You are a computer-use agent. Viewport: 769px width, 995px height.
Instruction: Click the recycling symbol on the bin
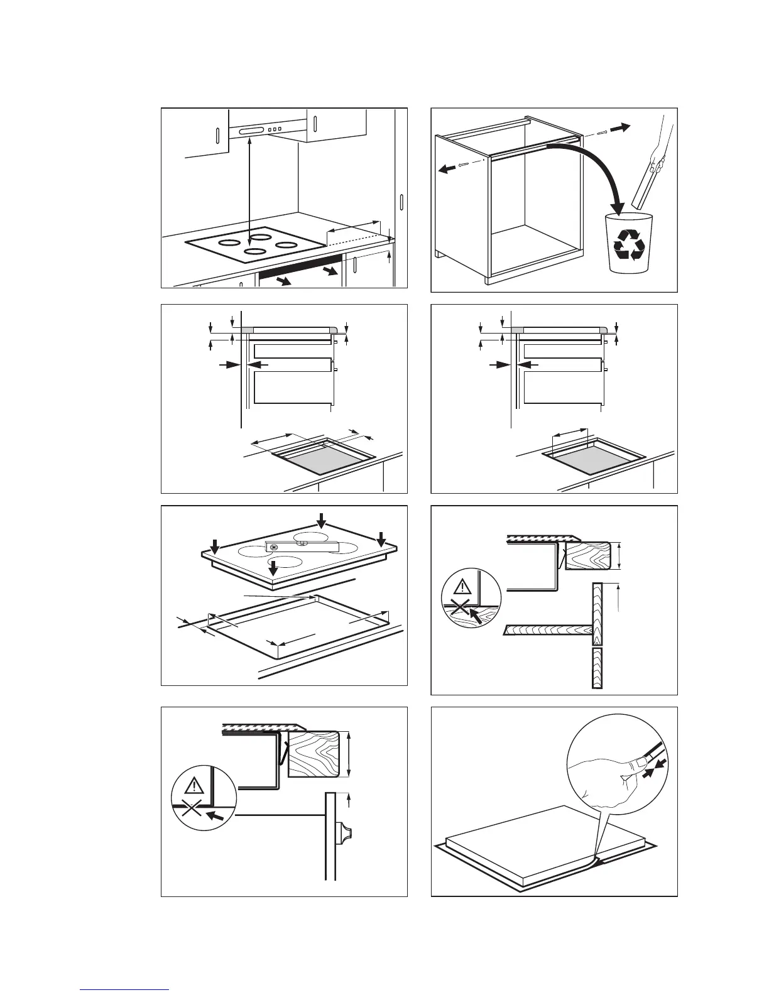(628, 244)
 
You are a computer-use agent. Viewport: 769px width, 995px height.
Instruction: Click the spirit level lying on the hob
(302, 546)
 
